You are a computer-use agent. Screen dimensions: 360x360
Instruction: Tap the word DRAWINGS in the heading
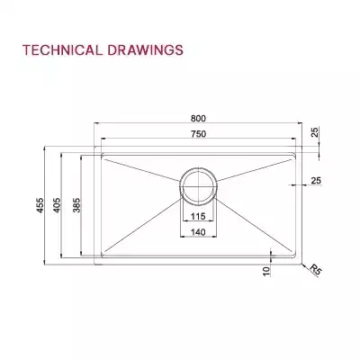point(148,49)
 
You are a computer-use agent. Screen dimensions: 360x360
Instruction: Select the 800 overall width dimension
point(196,118)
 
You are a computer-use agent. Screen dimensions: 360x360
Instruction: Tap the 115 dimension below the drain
point(197,216)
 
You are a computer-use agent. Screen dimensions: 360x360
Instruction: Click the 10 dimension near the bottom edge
point(267,270)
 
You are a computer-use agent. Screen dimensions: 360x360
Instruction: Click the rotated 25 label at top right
point(316,132)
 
